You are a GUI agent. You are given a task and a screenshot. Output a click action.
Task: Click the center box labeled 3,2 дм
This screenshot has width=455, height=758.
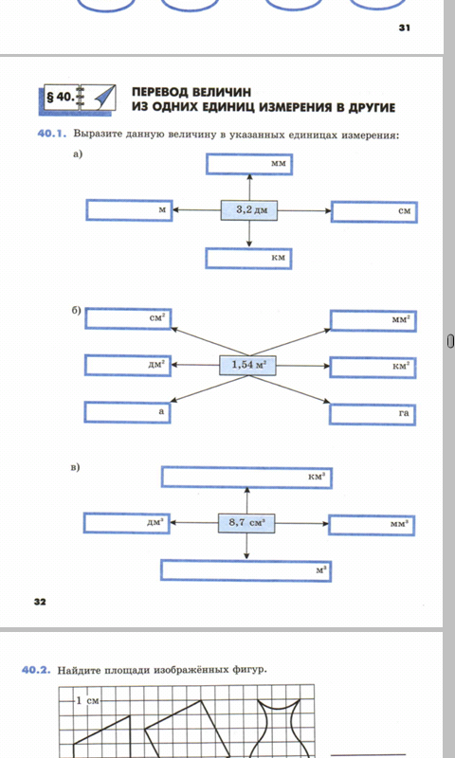pyautogui.click(x=249, y=210)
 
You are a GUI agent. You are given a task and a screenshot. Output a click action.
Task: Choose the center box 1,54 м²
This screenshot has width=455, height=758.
pyautogui.click(x=248, y=365)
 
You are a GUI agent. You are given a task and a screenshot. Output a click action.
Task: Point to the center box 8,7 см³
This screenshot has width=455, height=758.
pyautogui.click(x=246, y=523)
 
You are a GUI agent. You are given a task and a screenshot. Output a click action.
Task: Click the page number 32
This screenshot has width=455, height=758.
pyautogui.click(x=40, y=602)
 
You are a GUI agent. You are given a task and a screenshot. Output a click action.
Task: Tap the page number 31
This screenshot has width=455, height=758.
pyautogui.click(x=405, y=28)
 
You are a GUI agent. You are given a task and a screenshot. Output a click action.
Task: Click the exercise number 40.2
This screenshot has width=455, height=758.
pyautogui.click(x=36, y=670)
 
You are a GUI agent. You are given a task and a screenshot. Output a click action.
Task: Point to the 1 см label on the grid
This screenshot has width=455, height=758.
pyautogui.click(x=87, y=700)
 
